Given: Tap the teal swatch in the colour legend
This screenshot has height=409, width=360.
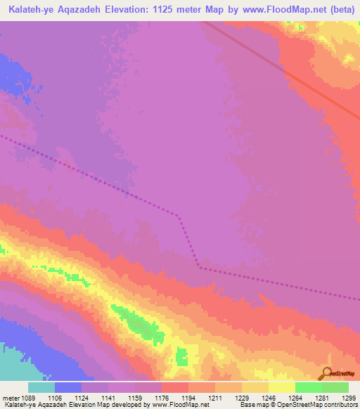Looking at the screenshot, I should [x=41, y=387].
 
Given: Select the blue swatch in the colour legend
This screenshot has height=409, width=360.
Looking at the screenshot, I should [x=68, y=387].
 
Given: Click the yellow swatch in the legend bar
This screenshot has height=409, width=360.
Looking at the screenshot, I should [x=282, y=387].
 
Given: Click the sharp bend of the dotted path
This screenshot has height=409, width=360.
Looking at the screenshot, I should [x=200, y=266].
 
